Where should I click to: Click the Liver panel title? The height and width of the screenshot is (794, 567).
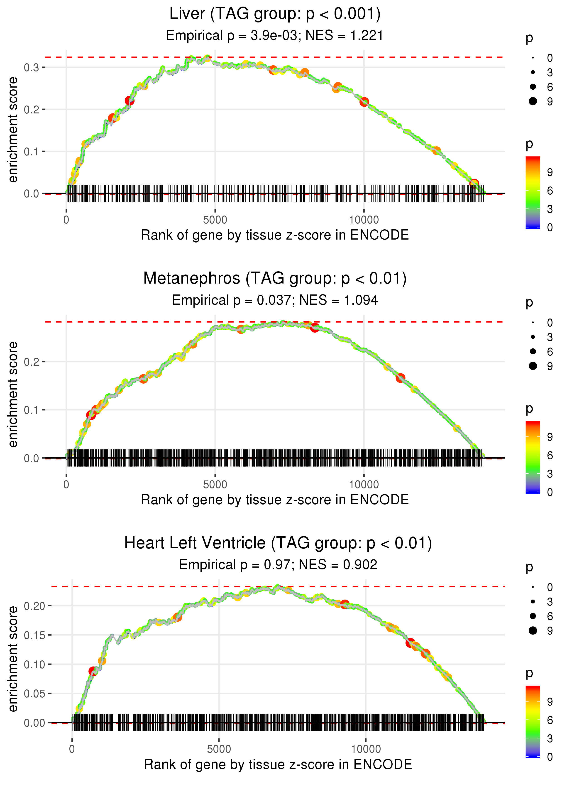[275, 14]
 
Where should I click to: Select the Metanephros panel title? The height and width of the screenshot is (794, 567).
[275, 279]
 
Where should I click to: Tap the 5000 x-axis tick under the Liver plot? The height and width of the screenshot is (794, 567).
[215, 220]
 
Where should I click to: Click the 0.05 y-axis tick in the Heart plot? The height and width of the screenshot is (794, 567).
[34, 694]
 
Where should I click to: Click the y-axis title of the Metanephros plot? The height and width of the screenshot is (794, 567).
[13, 394]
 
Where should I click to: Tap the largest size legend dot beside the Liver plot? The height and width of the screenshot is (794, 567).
[533, 101]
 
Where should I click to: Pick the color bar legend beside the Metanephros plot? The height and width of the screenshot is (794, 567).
[533, 457]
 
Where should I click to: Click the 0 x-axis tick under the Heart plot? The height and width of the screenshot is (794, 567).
[72, 749]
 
